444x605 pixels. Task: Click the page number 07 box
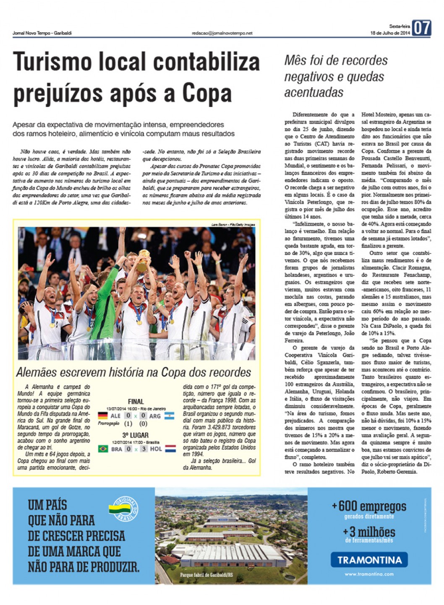coord(421,28)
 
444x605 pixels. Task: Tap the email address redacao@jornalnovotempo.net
coord(222,33)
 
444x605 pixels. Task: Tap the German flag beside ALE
coord(102,416)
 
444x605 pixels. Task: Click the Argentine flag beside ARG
coord(169,416)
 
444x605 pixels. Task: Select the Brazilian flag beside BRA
coord(102,449)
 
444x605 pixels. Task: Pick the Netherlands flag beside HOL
coord(170,449)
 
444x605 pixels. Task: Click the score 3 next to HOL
coord(144,449)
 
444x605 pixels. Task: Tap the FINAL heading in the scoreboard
coord(136,401)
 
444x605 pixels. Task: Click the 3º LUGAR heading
coord(135,435)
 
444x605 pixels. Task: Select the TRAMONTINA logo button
coord(369,559)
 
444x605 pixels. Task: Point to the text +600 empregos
coord(369,506)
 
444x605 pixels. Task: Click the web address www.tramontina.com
coord(369,574)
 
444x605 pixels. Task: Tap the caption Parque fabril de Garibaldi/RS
coord(206,575)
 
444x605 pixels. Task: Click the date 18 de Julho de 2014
coord(390,33)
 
